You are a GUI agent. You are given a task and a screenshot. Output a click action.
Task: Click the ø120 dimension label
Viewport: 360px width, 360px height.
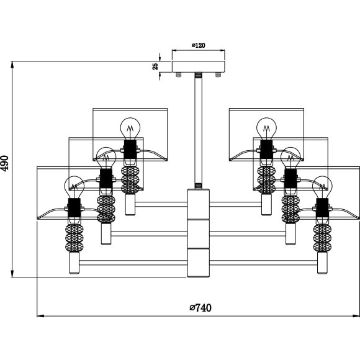click(x=199, y=45)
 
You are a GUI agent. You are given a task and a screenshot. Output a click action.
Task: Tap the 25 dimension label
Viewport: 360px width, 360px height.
click(x=155, y=66)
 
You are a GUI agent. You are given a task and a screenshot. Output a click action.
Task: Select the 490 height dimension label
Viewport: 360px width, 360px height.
click(x=5, y=163)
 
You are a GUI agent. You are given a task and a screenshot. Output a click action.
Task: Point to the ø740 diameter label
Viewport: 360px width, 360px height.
click(x=200, y=308)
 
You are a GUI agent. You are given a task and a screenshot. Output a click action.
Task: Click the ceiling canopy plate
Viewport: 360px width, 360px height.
click(x=199, y=66)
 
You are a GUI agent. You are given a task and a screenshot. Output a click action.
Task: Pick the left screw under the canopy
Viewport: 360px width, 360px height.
click(x=178, y=74)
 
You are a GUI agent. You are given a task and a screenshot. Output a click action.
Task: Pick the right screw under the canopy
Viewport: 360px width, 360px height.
click(x=218, y=74)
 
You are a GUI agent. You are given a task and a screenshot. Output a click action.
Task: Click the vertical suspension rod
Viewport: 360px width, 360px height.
click(x=199, y=130)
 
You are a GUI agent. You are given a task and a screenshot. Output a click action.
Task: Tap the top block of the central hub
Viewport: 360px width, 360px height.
click(x=199, y=204)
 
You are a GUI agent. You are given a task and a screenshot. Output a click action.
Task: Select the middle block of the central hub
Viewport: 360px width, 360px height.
click(x=199, y=234)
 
